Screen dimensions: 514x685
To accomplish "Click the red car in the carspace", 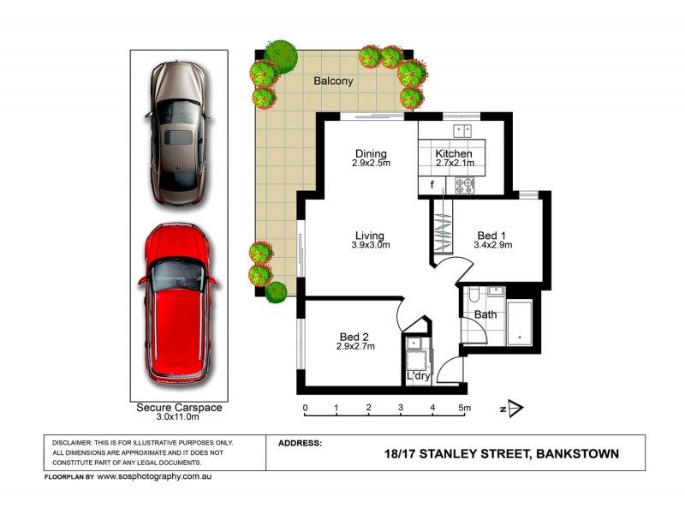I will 178,304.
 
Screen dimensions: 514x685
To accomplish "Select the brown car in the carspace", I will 178,133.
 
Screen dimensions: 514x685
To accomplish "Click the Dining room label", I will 371,154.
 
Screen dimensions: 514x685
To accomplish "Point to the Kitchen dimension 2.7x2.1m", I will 455,164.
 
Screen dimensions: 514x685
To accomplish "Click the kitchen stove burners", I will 465,183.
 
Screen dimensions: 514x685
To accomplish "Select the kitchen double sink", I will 463,130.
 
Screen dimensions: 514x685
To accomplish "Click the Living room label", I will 370,236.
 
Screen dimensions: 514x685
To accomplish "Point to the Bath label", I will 485,314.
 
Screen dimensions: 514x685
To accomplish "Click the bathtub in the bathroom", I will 519,323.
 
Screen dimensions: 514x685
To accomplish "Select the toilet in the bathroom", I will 474,296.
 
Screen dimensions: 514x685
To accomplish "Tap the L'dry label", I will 418,376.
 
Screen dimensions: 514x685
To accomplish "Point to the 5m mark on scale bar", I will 464,408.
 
